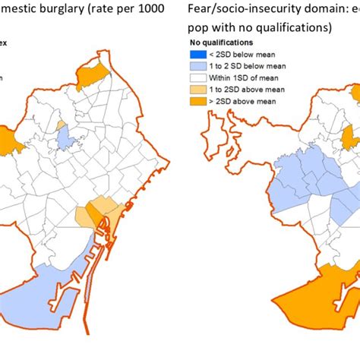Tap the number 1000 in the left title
(x=154, y=10)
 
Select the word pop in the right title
(x=202, y=29)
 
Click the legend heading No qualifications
(x=229, y=43)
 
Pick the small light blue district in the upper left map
(x=66, y=138)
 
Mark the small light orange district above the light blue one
(x=61, y=123)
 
